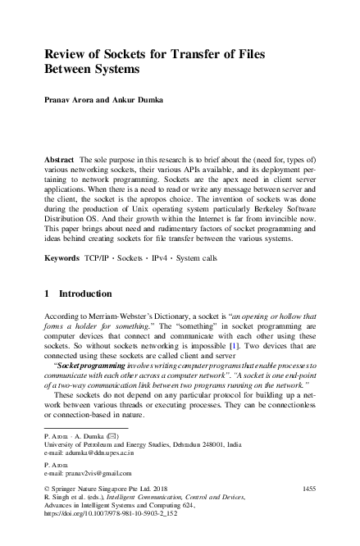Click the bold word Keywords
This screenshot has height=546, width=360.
(x=63, y=257)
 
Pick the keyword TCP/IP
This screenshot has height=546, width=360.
(x=98, y=257)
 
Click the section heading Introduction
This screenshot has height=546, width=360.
(x=89, y=293)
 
